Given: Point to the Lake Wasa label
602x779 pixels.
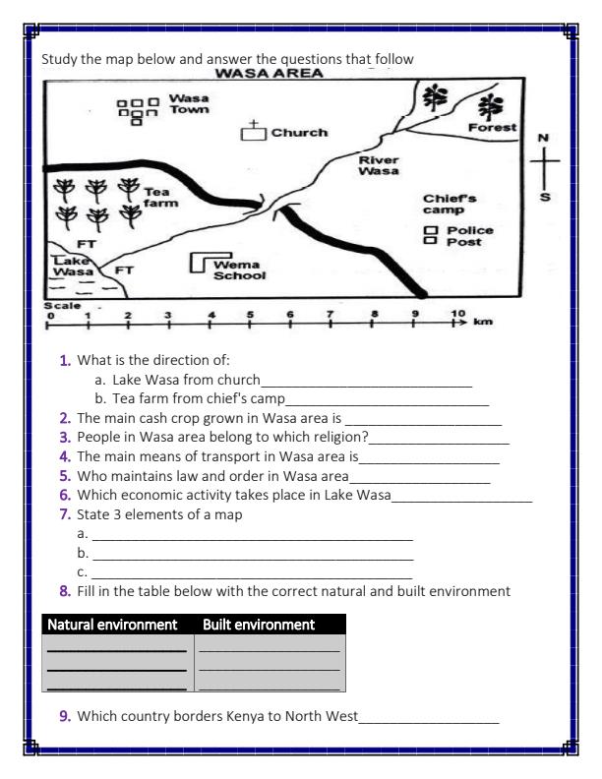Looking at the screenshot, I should click(71, 265).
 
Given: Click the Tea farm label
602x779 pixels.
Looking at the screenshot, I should click(159, 197).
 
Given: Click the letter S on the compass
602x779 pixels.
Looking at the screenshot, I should click(543, 197).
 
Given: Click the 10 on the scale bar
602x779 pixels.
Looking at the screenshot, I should click(457, 314).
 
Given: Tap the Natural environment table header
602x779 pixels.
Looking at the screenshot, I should click(112, 625).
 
